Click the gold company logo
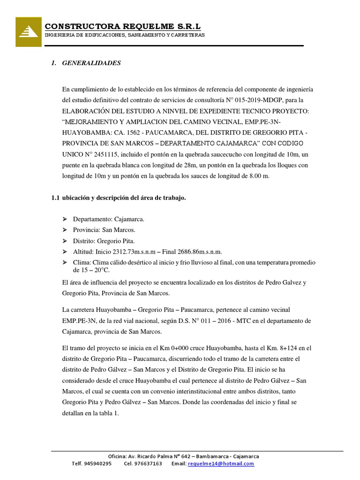point(29,32)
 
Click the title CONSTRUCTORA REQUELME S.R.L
point(122,26)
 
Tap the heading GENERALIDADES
point(91,63)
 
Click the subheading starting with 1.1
point(119,198)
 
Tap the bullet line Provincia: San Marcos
point(104,230)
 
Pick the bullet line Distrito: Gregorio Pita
point(104,241)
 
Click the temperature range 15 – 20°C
point(91,270)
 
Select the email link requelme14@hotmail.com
point(221,464)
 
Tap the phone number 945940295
point(98,464)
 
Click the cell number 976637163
point(149,464)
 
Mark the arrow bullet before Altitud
point(65,252)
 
